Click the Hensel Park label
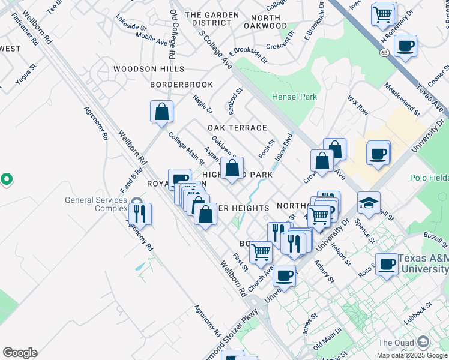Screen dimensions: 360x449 point(294,96)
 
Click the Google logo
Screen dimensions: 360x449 point(20,353)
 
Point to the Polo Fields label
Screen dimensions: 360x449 point(429,178)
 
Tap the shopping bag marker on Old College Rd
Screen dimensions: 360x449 point(161,112)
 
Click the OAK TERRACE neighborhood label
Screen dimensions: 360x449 point(237,128)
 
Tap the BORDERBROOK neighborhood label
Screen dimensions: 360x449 point(182,85)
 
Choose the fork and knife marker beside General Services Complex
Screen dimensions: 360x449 point(140,214)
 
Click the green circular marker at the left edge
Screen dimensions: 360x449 point(6,179)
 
